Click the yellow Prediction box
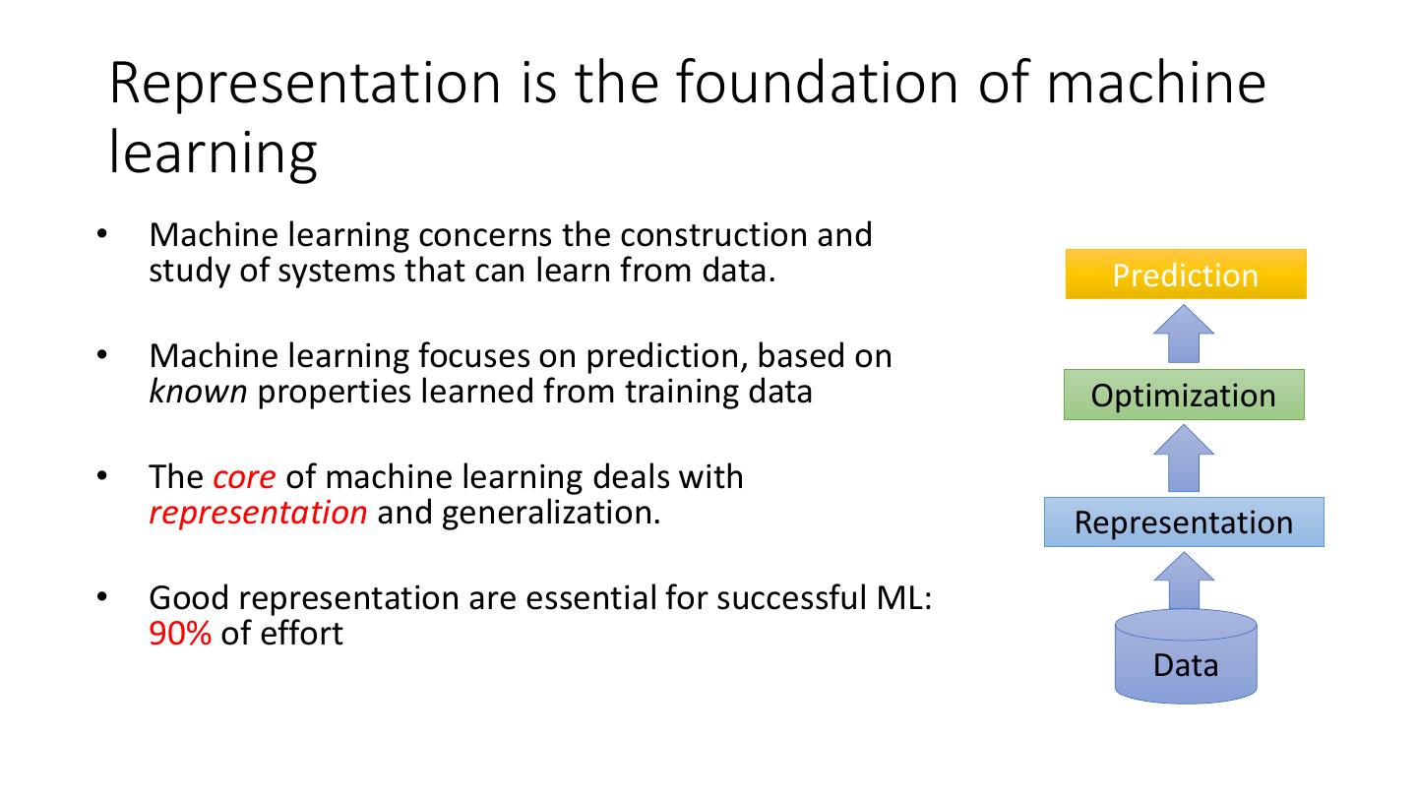1185,275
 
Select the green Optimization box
1183,396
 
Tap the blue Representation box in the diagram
1183,522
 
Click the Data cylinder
1185,658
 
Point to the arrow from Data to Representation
1183,582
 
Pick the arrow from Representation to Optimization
1183,459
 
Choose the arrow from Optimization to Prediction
1183,334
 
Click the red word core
244,477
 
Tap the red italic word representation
258,513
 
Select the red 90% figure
180,634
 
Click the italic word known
198,392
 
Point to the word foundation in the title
813,83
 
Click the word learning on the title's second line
213,154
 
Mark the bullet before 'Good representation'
101,597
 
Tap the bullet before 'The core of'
101,477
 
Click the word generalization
551,513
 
